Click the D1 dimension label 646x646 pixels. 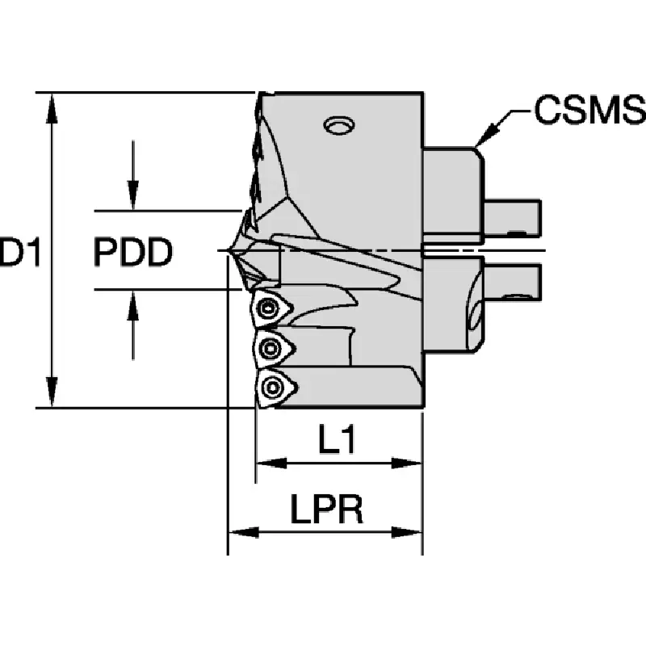(x=19, y=252)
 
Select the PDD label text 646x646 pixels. (x=132, y=252)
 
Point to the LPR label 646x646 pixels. (x=327, y=509)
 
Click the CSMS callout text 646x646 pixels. (x=590, y=109)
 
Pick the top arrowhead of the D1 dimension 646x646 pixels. (x=52, y=108)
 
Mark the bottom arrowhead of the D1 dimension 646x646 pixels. (x=52, y=392)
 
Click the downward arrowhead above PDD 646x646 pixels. (x=132, y=195)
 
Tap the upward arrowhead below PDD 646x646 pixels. (x=132, y=305)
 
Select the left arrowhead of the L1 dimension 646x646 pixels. (x=271, y=463)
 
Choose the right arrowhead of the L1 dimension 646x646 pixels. (x=407, y=463)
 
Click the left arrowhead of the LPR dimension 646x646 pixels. (x=244, y=532)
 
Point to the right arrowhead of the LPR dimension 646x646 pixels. (x=407, y=532)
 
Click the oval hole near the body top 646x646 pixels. (x=340, y=125)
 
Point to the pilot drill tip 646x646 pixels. (x=228, y=250)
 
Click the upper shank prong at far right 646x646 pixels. (x=512, y=218)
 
